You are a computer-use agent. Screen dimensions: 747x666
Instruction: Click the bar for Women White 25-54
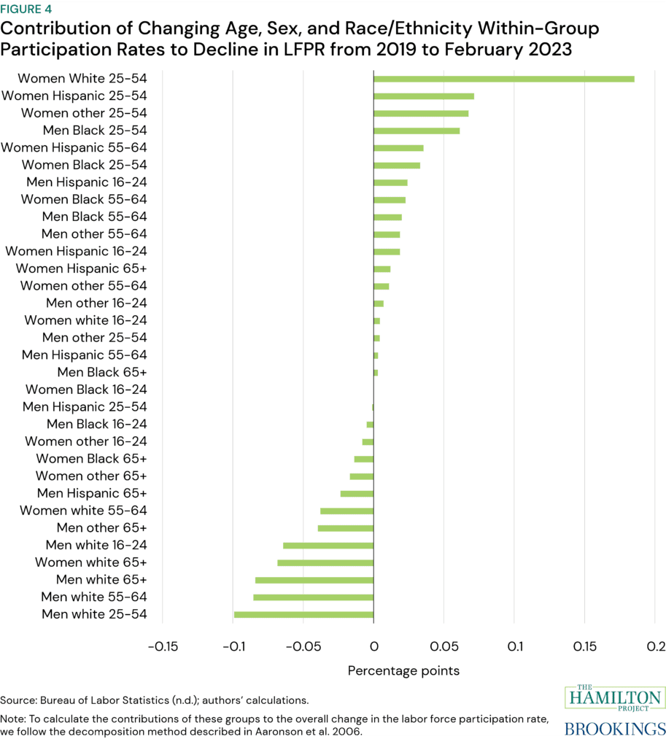[503, 79]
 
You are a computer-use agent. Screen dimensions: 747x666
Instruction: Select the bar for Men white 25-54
[303, 615]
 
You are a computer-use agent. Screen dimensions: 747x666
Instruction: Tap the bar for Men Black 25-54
[417, 131]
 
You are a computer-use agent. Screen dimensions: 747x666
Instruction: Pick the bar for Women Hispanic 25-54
[424, 96]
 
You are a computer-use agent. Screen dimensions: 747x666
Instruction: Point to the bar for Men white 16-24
[328, 546]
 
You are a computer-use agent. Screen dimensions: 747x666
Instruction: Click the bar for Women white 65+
[325, 563]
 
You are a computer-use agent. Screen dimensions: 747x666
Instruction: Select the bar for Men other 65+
[346, 528]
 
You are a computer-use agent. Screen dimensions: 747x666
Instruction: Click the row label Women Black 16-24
[86, 390]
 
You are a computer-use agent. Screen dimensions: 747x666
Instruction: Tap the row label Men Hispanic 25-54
[85, 407]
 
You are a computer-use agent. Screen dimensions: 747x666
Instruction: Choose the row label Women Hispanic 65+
[82, 268]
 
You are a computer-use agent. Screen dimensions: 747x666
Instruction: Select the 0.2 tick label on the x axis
[656, 646]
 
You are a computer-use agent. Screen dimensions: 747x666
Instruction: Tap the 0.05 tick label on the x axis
[444, 646]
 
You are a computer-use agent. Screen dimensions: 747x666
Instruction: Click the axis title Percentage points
[403, 670]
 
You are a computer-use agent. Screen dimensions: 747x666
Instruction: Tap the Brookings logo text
[616, 729]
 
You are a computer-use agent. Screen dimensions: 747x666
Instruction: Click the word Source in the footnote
[17, 700]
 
